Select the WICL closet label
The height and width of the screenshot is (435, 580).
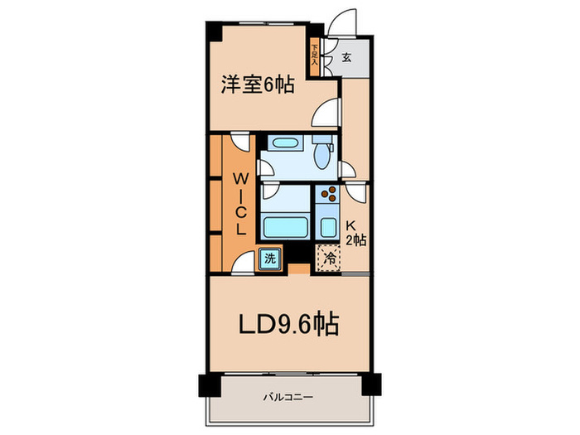coord(238,202)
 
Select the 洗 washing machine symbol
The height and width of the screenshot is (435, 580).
coord(270,258)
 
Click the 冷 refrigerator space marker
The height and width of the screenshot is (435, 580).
coord(329,258)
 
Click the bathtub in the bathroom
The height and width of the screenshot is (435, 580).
coord(285,225)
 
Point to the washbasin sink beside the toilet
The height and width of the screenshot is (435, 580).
coord(285,143)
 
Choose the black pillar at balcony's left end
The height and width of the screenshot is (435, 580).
coord(206,385)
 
